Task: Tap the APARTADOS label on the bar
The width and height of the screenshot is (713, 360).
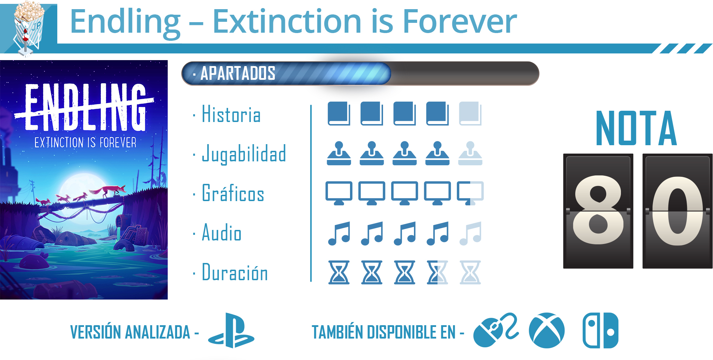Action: click(238, 73)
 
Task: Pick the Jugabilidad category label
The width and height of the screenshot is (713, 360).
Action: click(244, 154)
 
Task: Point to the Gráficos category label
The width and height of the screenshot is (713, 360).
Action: click(233, 193)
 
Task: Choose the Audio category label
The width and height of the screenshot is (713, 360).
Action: click(222, 232)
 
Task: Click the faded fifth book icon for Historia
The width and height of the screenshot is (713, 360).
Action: click(470, 114)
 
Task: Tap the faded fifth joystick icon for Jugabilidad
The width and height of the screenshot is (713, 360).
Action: click(470, 153)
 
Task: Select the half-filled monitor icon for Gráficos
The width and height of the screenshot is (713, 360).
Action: click(470, 193)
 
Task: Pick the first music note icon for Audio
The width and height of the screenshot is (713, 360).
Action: click(339, 233)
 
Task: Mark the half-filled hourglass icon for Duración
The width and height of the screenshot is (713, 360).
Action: click(437, 272)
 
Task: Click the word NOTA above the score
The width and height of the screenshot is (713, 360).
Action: click(636, 128)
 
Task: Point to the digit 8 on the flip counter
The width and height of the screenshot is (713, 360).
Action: click(598, 210)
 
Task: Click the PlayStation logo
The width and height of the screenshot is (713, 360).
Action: click(231, 330)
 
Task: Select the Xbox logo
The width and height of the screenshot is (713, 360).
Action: click(547, 330)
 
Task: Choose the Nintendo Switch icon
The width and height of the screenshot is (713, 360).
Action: click(600, 330)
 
